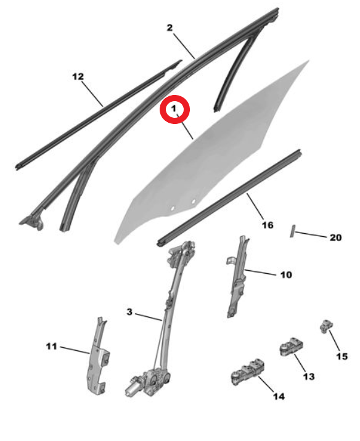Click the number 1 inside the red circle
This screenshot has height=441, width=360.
(x=174, y=109)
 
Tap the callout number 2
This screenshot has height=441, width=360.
(x=170, y=28)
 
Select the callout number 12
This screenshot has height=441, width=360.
(x=78, y=76)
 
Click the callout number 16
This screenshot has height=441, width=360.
(x=268, y=225)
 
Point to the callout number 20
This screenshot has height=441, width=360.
(x=335, y=237)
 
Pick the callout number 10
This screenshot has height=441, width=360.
(x=286, y=275)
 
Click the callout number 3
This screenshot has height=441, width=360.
(x=129, y=312)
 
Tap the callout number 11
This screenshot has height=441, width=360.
(x=51, y=346)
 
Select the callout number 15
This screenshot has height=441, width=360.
(x=342, y=357)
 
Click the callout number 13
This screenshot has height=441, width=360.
(x=309, y=376)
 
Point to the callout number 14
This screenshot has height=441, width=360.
(x=279, y=396)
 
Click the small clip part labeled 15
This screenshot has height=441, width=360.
(x=326, y=326)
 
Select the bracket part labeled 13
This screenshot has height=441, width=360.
(x=292, y=346)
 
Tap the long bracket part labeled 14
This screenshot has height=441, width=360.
(x=247, y=371)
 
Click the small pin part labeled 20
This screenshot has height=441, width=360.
(x=292, y=231)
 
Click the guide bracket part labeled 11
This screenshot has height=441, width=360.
(x=99, y=357)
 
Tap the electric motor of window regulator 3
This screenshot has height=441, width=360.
(x=134, y=387)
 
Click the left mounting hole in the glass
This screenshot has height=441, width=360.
(x=173, y=208)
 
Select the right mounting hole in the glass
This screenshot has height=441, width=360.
(x=194, y=201)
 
